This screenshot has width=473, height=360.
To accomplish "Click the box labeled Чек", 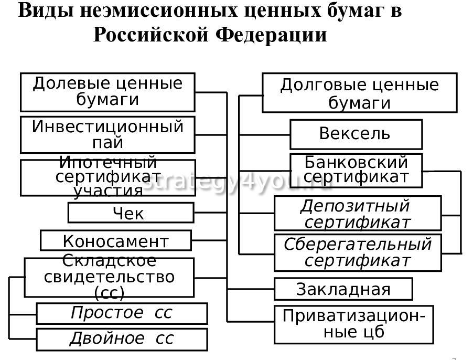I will pos(131,213).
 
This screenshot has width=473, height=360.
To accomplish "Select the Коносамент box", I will pos(116,241).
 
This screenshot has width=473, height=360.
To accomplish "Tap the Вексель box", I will pos(356,134).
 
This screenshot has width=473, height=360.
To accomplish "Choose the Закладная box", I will pos(343,289).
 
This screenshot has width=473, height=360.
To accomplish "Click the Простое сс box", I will pos(121,313).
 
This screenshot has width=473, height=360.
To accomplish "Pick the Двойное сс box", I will pos(121,338).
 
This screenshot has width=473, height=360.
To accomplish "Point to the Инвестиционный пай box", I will pos(107,134).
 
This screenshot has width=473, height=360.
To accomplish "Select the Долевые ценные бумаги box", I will pos(107,92).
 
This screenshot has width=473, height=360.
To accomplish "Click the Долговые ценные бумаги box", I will pos(359,93).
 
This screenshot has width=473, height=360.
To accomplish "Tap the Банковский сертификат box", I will pos(356,170).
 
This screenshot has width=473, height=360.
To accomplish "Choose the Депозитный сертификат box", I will pos(357,214).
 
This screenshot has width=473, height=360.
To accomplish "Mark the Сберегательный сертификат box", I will pos(358,252).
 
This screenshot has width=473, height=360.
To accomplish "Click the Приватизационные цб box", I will pos(353,324).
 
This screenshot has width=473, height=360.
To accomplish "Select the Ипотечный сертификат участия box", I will pos(107,177).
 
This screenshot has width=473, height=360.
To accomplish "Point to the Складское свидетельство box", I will pos(109,277).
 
